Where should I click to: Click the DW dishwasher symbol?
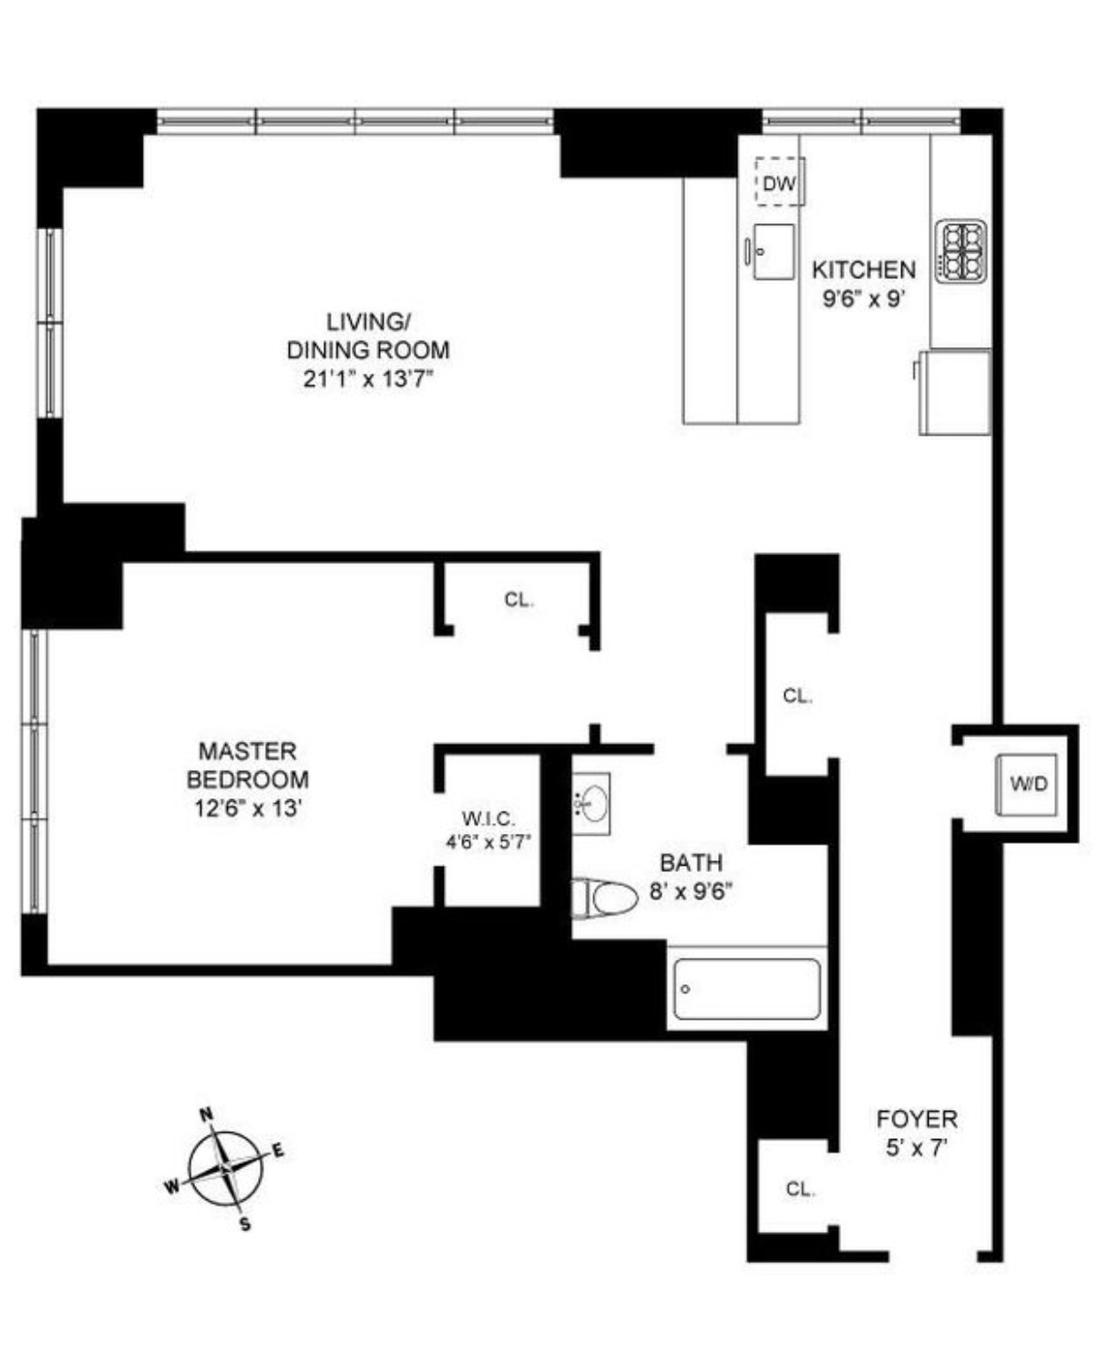(779, 183)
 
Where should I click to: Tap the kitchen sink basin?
(774, 252)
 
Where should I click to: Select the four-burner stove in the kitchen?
(962, 251)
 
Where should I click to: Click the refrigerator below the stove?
(955, 392)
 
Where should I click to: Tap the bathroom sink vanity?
(591, 802)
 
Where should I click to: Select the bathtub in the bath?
(746, 990)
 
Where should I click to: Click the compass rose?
(225, 1168)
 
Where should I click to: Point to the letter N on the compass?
(207, 1114)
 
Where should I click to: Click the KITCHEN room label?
(863, 270)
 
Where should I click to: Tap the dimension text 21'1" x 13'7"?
(367, 379)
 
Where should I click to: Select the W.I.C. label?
(488, 818)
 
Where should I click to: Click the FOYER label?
(916, 1118)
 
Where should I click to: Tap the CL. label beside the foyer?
(799, 1189)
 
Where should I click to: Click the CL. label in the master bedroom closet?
(519, 601)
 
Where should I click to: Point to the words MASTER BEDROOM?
(248, 765)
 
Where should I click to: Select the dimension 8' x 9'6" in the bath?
(691, 891)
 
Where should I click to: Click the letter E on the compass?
(279, 1150)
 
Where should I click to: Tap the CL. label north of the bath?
(796, 696)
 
